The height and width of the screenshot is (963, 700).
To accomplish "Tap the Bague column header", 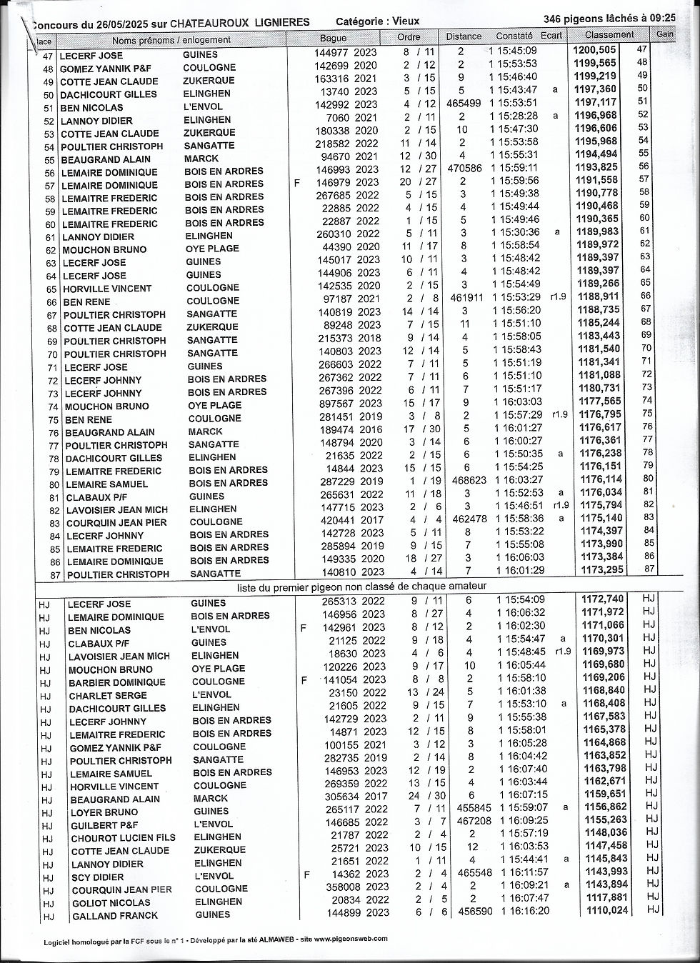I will point(333,38).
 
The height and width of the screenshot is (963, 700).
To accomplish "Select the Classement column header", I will point(609,34).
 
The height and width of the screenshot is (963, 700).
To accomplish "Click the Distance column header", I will point(464,36).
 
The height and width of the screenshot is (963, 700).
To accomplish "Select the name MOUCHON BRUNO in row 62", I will point(104,250).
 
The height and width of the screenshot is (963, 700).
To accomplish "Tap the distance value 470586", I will point(464,169).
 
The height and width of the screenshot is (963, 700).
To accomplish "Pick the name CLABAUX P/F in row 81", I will point(98,497).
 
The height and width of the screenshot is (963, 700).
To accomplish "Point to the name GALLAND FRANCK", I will point(114,916).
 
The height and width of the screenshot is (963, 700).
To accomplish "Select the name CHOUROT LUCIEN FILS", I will point(123,838).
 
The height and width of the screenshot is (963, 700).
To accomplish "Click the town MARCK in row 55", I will point(201,159).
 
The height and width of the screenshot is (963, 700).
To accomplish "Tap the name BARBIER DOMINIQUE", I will point(116,682).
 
